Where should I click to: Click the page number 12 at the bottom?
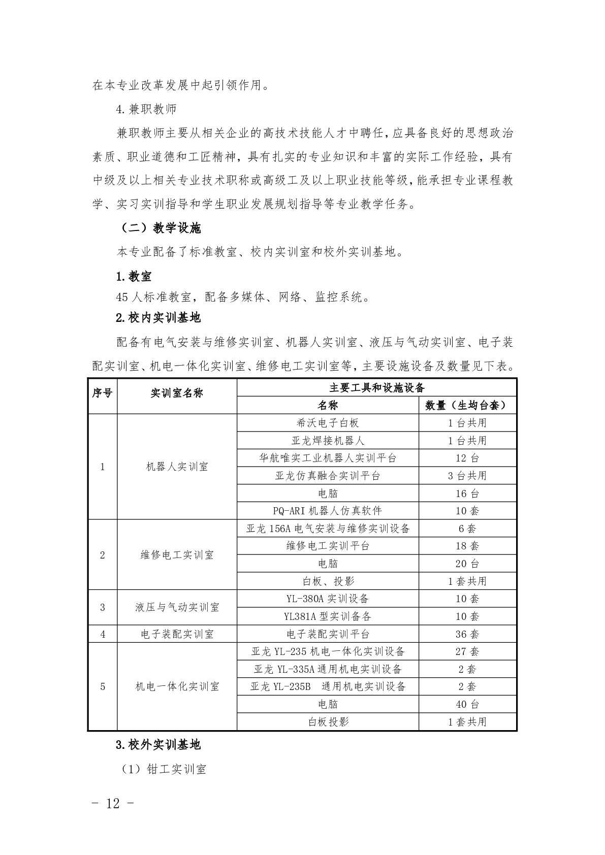coord(113,803)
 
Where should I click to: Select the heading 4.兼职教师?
coord(146,110)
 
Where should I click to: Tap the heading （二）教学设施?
coord(161,228)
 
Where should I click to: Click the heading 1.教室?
coord(134,277)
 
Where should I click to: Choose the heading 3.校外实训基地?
coord(158,745)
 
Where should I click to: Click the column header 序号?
coord(102,393)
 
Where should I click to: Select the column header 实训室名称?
coord(177,393)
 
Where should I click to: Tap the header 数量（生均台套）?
coord(467,405)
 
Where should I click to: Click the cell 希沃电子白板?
coord(328,423)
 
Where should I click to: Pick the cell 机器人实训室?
coord(177,467)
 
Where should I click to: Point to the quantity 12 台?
coord(467,458)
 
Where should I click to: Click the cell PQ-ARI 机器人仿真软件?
coord(328,511)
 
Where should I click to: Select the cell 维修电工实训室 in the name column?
coord(177,555)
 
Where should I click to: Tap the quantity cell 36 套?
coord(467,634)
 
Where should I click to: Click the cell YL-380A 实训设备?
coord(328,599)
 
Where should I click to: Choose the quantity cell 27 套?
coord(467,651)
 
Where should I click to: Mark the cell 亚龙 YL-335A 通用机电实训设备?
coord(328,669)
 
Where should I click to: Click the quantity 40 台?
coord(467,704)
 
